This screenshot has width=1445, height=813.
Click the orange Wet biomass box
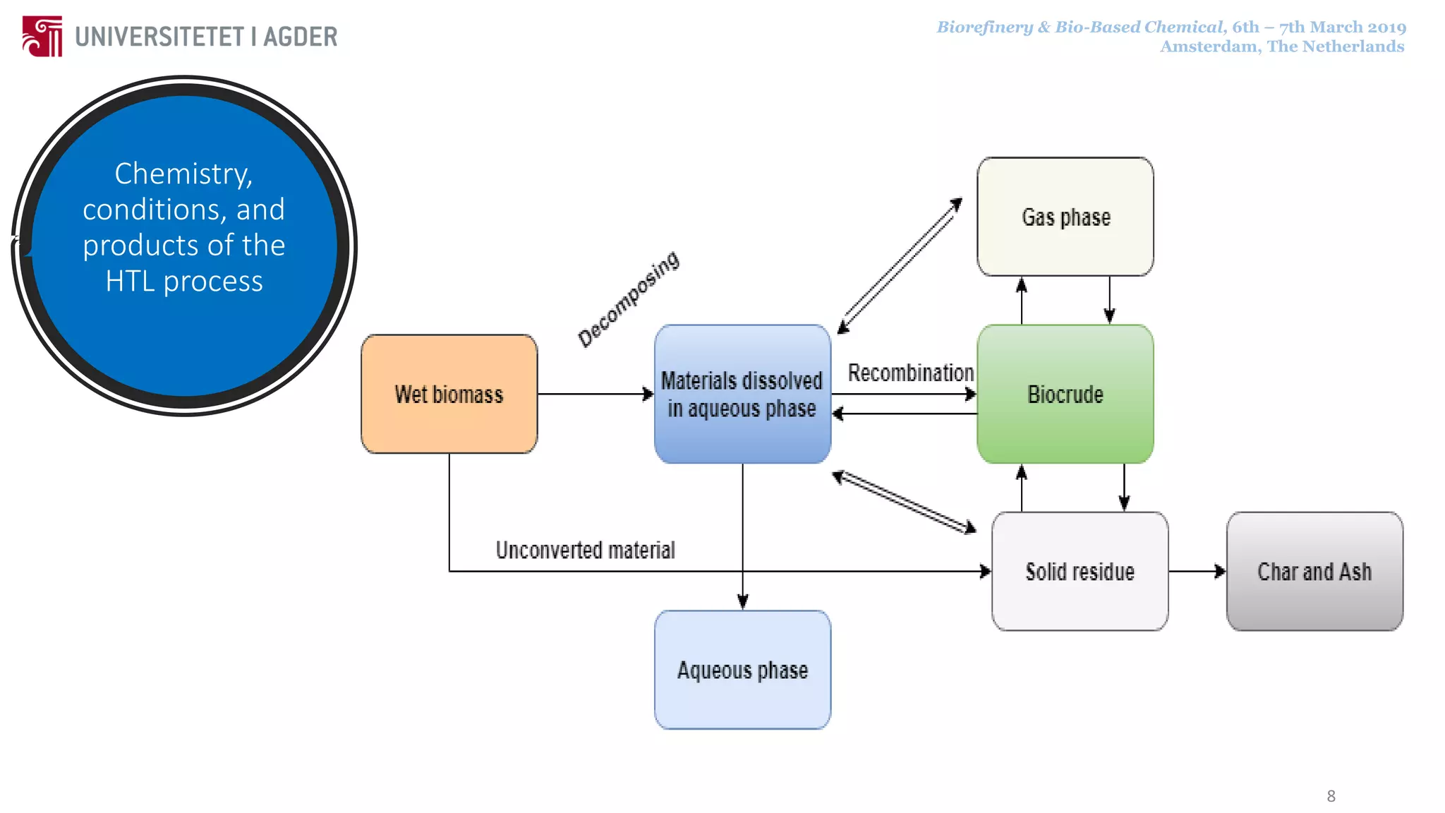point(449,394)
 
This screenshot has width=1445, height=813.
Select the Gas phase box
point(1065,217)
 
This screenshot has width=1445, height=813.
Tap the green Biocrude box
point(1065,394)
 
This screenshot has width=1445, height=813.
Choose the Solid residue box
point(1080,571)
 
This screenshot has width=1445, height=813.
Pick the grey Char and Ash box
point(1314,571)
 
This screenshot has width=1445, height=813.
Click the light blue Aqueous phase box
point(742,669)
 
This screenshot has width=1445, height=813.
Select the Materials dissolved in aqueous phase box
point(742,394)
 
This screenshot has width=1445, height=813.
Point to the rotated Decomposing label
point(628,299)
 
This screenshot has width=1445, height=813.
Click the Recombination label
point(910,373)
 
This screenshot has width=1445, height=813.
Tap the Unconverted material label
point(585,550)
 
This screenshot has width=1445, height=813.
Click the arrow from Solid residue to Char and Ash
point(1197,571)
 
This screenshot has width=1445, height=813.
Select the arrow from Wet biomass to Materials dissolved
point(595,394)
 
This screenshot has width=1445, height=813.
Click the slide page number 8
point(1331,796)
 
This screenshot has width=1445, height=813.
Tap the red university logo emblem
point(42,36)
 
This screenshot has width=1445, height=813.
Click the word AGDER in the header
point(300,37)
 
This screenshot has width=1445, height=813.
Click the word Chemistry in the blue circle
point(183,174)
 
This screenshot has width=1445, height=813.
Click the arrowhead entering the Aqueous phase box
point(742,602)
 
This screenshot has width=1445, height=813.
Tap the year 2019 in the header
point(1386,28)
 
